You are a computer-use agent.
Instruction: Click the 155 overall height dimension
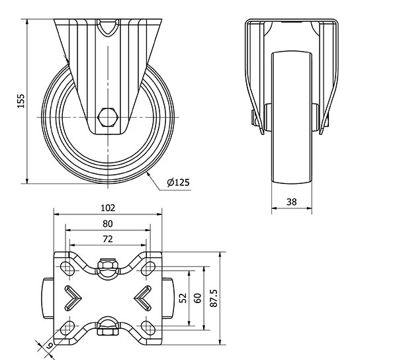point(21,101)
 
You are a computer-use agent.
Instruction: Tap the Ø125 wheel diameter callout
point(178,182)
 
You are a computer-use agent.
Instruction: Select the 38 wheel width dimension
point(291,202)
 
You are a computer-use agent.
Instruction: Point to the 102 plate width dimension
point(108,208)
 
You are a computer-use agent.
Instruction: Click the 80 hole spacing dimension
point(108,224)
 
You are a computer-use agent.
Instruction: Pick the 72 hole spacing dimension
point(108,239)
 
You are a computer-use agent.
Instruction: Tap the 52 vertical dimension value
point(183,298)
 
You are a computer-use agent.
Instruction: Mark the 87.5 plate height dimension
point(214,298)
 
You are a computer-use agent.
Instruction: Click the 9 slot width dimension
point(50,345)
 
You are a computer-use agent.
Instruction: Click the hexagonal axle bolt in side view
point(108,117)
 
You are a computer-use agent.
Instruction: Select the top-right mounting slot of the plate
point(148,269)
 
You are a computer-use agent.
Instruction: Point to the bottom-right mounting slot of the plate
point(148,328)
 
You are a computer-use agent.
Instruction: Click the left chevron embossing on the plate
point(73,298)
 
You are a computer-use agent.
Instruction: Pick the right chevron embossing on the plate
point(142,298)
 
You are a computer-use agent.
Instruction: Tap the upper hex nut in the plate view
point(108,264)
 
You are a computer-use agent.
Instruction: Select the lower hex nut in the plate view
point(108,331)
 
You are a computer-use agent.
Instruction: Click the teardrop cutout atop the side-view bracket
point(108,27)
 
